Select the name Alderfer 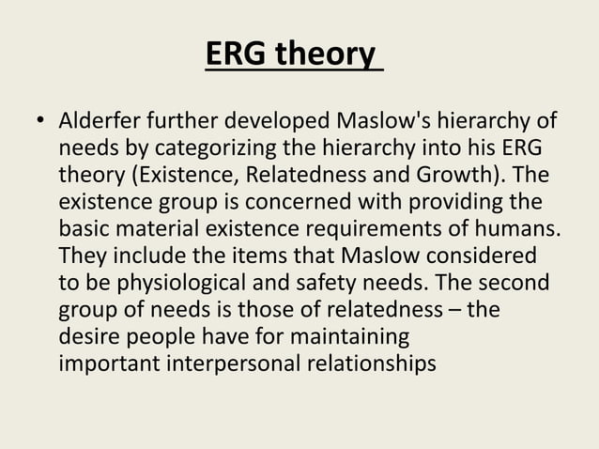(99, 123)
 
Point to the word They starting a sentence (81, 255)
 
